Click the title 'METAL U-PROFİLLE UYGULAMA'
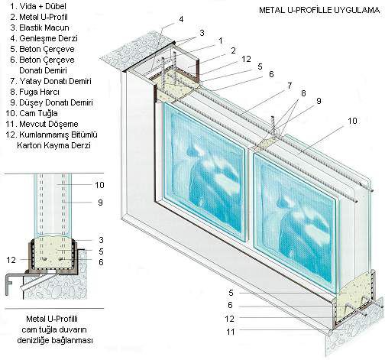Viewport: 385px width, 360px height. [x=319, y=10]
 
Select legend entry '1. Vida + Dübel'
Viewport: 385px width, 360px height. [x=38, y=6]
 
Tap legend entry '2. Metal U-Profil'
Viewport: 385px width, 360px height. [x=39, y=17]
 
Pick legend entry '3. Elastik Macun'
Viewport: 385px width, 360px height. [x=40, y=28]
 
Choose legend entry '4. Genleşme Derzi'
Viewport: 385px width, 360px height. [x=44, y=38]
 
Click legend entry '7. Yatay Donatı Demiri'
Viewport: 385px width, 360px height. [x=50, y=81]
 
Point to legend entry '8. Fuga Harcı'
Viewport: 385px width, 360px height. [x=35, y=92]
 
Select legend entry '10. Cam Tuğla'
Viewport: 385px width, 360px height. [x=32, y=113]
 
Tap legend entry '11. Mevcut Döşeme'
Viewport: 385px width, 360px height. [x=42, y=124]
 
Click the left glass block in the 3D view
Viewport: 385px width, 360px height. [x=204, y=171]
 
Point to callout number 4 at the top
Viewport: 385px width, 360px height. [x=181, y=19]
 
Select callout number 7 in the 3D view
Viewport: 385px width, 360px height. [x=290, y=86]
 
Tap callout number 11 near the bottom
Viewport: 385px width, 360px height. [x=231, y=332]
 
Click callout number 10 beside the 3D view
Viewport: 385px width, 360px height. [x=352, y=121]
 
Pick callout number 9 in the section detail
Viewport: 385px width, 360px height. [x=100, y=203]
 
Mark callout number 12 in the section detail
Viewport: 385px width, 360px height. [x=11, y=260]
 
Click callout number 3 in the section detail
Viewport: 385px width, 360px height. [x=101, y=240]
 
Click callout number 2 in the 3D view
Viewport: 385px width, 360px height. [x=233, y=50]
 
